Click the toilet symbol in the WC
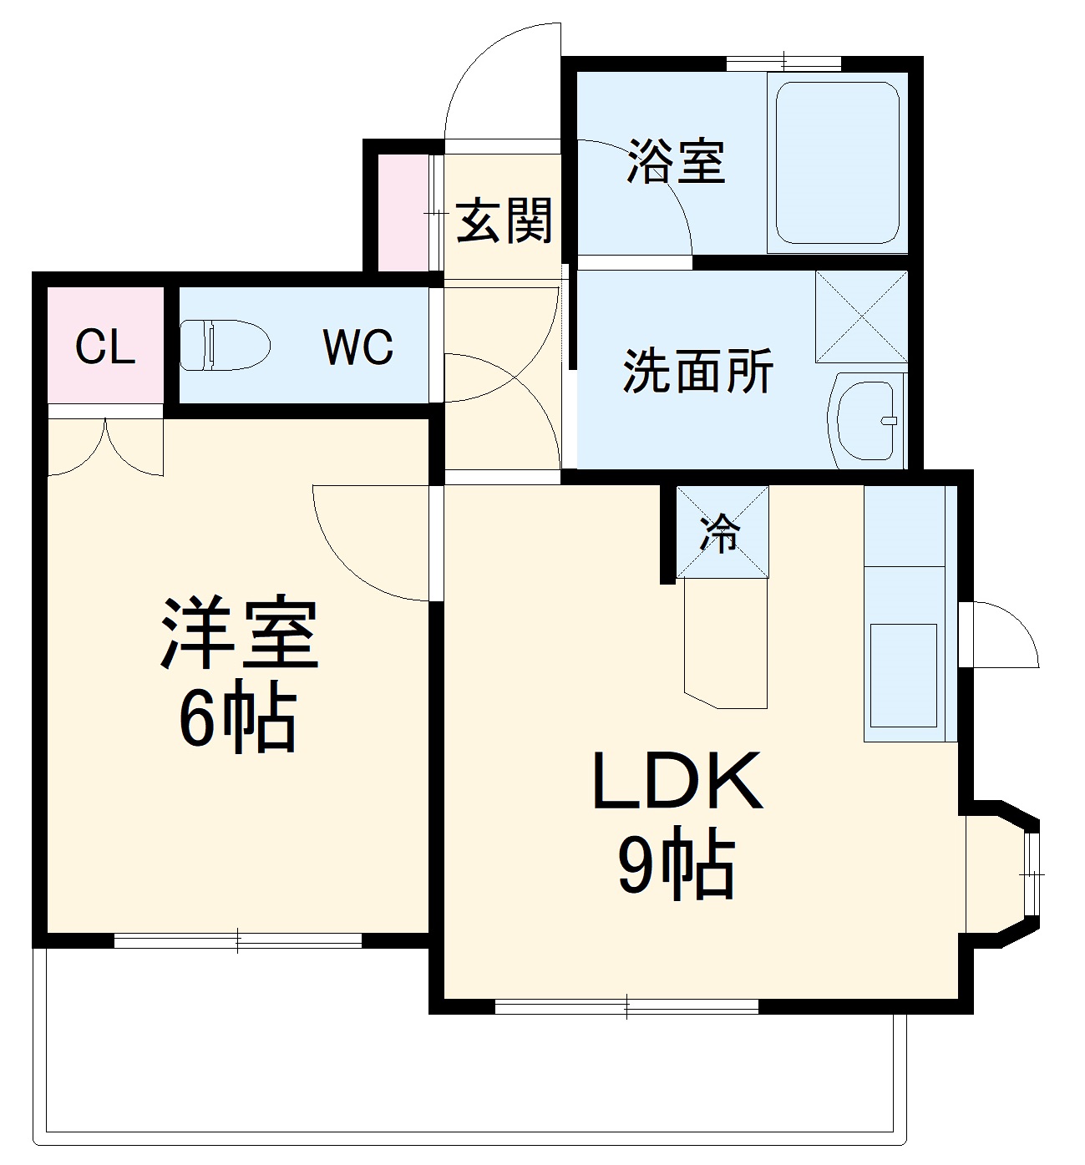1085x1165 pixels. [x=224, y=345]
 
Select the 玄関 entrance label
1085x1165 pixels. [x=504, y=220]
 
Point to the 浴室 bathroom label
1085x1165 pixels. [x=676, y=162]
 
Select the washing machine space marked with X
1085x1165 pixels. [x=860, y=316]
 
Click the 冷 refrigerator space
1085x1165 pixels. [x=722, y=532]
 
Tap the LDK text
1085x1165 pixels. [x=677, y=781]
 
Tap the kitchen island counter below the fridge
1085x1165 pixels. [x=724, y=643]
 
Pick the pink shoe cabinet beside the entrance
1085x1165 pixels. [x=404, y=212]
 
